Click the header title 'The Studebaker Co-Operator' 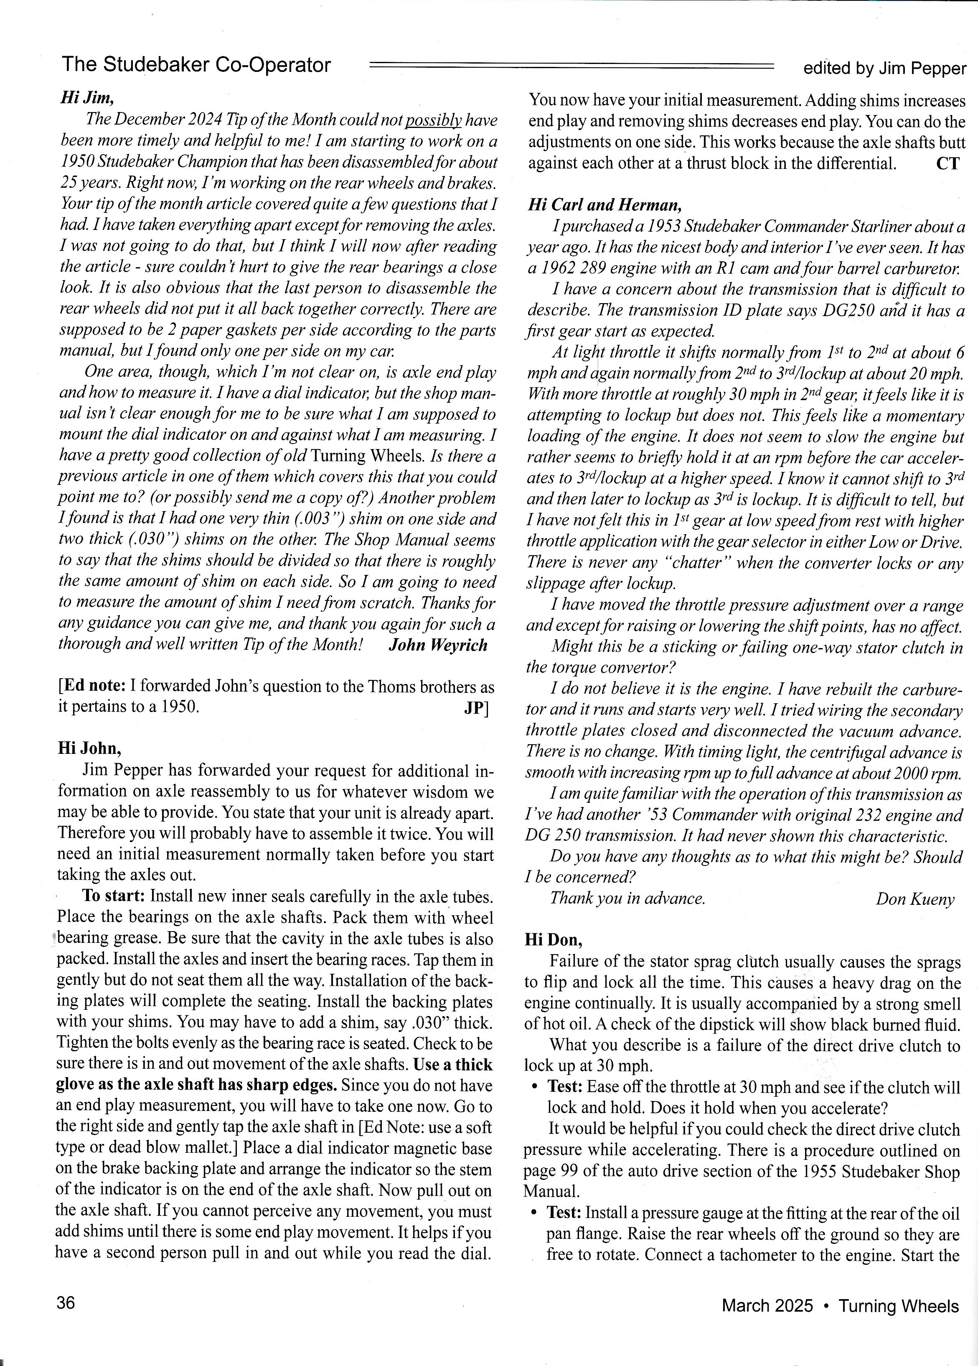click(196, 65)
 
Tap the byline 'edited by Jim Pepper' click(884, 69)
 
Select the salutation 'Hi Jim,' click(87, 97)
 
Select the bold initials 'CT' click(948, 163)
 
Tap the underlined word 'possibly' click(433, 120)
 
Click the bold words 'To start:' click(114, 896)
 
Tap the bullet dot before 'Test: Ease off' click(534, 1087)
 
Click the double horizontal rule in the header click(571, 66)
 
